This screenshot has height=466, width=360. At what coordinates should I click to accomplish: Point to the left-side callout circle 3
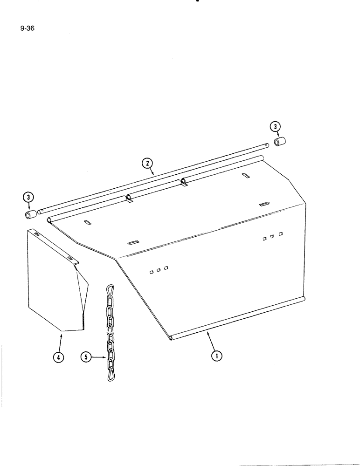click(29, 198)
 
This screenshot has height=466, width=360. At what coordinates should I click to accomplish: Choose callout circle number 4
click(58, 357)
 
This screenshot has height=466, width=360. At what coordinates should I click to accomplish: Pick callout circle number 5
click(86, 357)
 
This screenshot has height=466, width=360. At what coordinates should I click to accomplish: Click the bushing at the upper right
click(280, 141)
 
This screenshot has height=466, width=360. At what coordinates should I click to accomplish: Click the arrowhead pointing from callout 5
click(105, 358)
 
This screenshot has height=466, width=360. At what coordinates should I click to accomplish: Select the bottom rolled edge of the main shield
click(238, 318)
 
